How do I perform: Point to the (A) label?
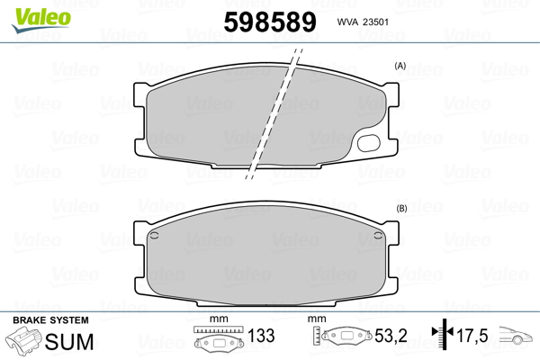[x=400, y=67]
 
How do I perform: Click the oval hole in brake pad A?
[x=369, y=141]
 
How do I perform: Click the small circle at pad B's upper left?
[x=155, y=238]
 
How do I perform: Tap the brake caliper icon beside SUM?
[x=24, y=342]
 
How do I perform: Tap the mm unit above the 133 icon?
[x=215, y=319]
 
